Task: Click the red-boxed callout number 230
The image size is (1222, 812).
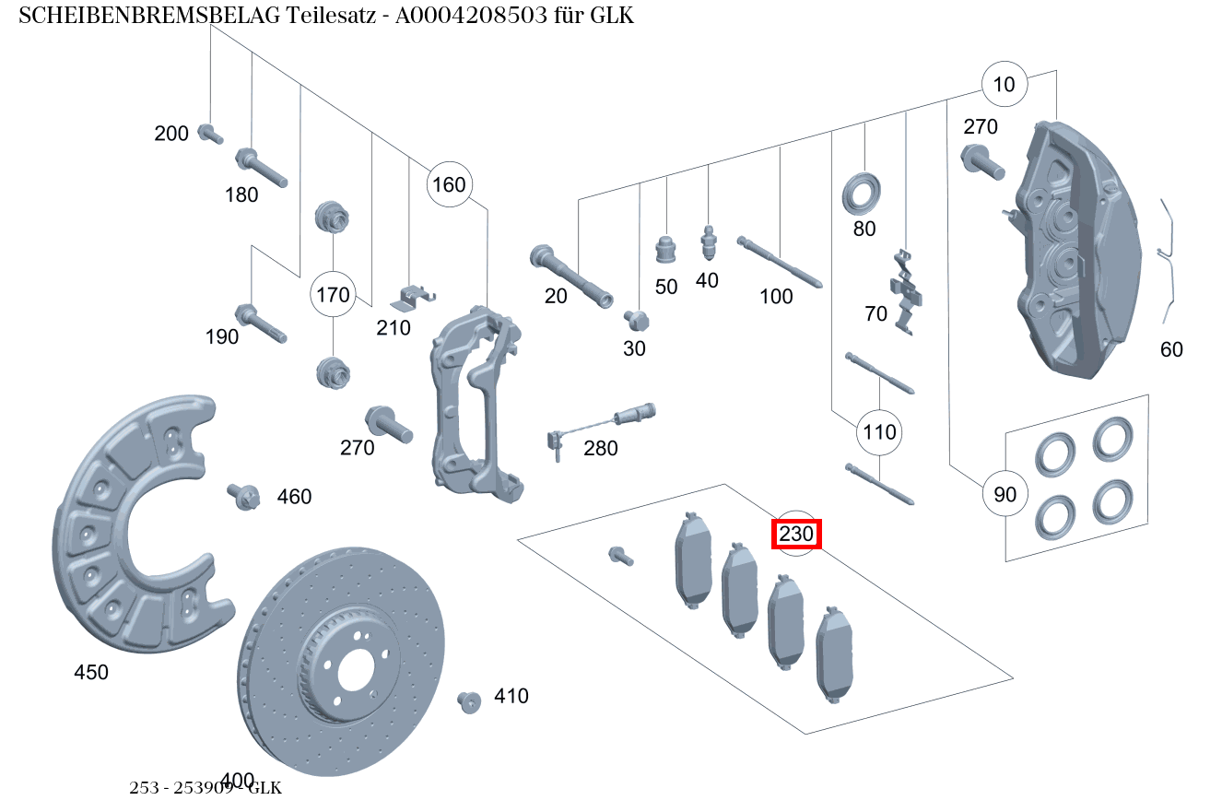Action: pyautogui.click(x=796, y=534)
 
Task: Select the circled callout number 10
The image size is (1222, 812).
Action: pyautogui.click(x=1004, y=85)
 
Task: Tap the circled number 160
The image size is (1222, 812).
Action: pyautogui.click(x=449, y=185)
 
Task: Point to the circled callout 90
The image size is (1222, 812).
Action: pyautogui.click(x=1005, y=494)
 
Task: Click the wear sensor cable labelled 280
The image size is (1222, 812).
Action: pyautogui.click(x=599, y=423)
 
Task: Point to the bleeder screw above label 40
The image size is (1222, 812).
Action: pyautogui.click(x=708, y=243)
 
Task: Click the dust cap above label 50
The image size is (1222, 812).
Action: pyautogui.click(x=666, y=249)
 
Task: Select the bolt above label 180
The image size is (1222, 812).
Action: pyautogui.click(x=262, y=168)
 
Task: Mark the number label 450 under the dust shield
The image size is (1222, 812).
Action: pyautogui.click(x=91, y=673)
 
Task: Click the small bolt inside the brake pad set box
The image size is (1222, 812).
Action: pyautogui.click(x=620, y=556)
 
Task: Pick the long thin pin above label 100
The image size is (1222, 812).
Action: pyautogui.click(x=780, y=263)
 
